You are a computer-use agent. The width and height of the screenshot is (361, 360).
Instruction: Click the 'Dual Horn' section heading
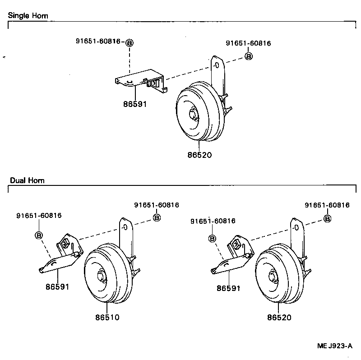pos(27,180)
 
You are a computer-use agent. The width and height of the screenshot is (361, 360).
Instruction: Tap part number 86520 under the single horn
pos(199,155)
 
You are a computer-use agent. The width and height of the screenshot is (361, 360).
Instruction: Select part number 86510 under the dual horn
pos(107,317)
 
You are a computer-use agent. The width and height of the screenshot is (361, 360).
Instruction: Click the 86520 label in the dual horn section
pos(279,318)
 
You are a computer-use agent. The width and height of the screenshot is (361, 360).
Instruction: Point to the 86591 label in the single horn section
pos(135,104)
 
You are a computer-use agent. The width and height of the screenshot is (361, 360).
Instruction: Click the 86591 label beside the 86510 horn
pos(57,286)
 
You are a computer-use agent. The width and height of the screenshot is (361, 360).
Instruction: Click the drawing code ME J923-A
pos(334,346)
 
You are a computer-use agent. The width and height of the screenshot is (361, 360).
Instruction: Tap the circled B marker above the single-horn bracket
pos(130,43)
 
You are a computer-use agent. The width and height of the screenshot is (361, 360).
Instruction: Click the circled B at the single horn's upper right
pos(248,56)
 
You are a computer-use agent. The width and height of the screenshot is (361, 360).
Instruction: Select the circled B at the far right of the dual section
pos(328,218)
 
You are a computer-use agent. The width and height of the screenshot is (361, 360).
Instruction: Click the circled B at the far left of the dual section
pos(39,235)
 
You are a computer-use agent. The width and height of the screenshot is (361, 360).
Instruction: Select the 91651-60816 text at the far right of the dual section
pos(327,205)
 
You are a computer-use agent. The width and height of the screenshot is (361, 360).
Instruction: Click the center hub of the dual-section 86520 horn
pos(272,276)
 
